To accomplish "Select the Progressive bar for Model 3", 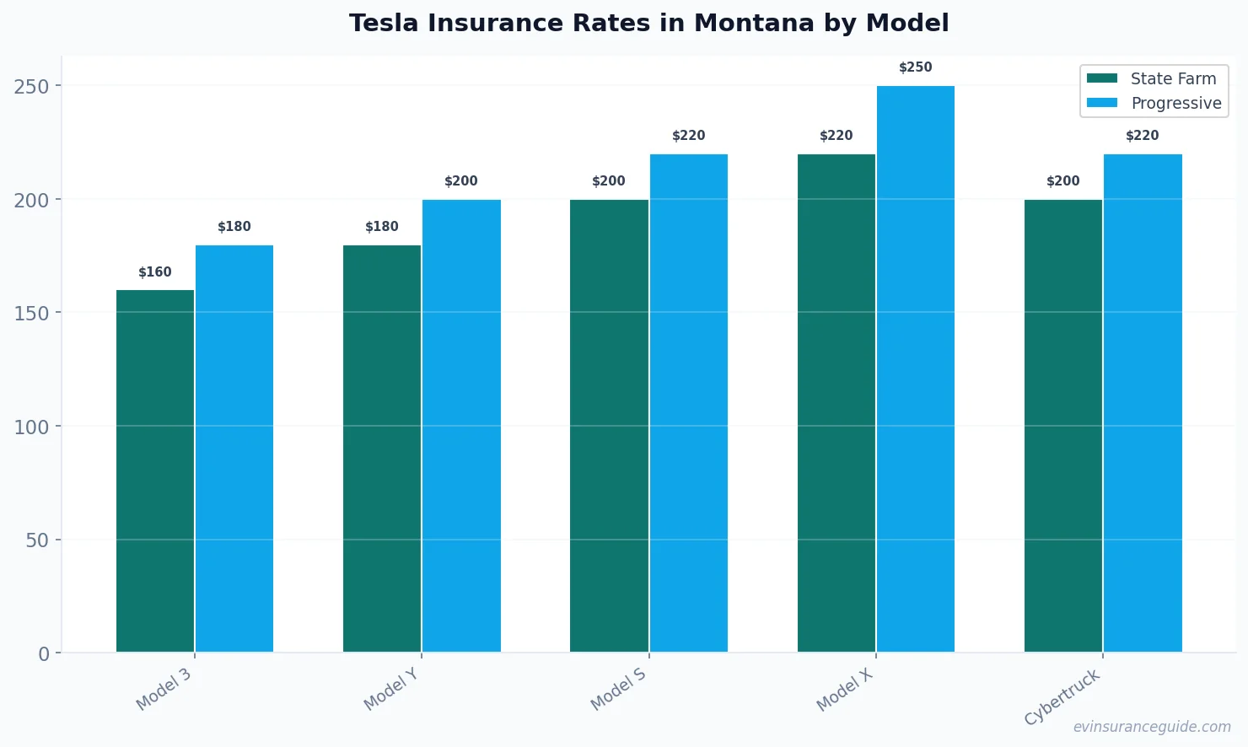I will [234, 449].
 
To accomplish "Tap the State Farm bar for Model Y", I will [382, 449].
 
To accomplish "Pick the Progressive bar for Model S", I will [689, 403].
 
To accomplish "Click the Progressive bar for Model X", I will [916, 368].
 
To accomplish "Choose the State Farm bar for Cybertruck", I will [1063, 426].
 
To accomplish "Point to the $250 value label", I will [916, 67].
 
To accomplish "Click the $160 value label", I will [155, 272].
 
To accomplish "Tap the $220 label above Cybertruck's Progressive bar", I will [1143, 136].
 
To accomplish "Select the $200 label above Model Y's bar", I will [461, 181].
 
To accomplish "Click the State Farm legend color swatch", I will [1102, 78].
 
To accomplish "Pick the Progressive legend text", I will [1176, 103].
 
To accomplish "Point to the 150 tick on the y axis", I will [31, 313].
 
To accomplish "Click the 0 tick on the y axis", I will [44, 654].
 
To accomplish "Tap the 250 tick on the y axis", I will [31, 86].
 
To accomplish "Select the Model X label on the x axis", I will [845, 690].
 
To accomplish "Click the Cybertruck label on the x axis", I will [1062, 696].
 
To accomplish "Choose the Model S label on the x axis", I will [618, 689].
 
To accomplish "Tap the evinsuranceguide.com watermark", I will [1152, 727].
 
